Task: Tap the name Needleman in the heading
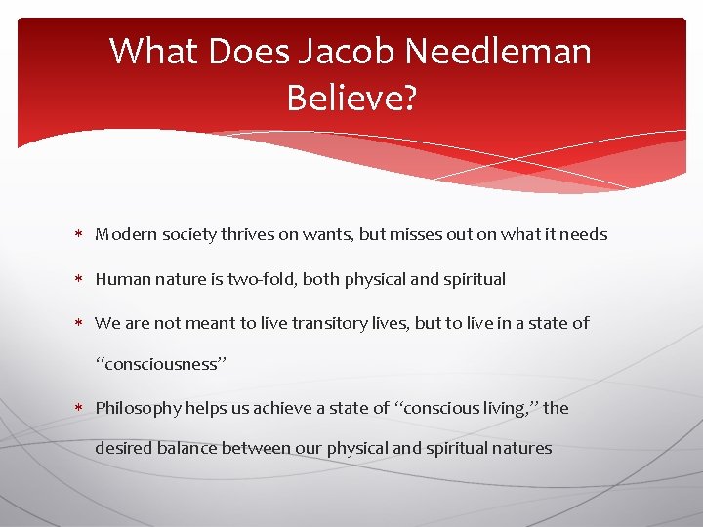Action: pyautogui.click(x=513, y=51)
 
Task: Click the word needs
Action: pyautogui.click(x=584, y=234)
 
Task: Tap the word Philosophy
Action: pyautogui.click(x=136, y=408)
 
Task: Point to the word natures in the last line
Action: pyautogui.click(x=522, y=449)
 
